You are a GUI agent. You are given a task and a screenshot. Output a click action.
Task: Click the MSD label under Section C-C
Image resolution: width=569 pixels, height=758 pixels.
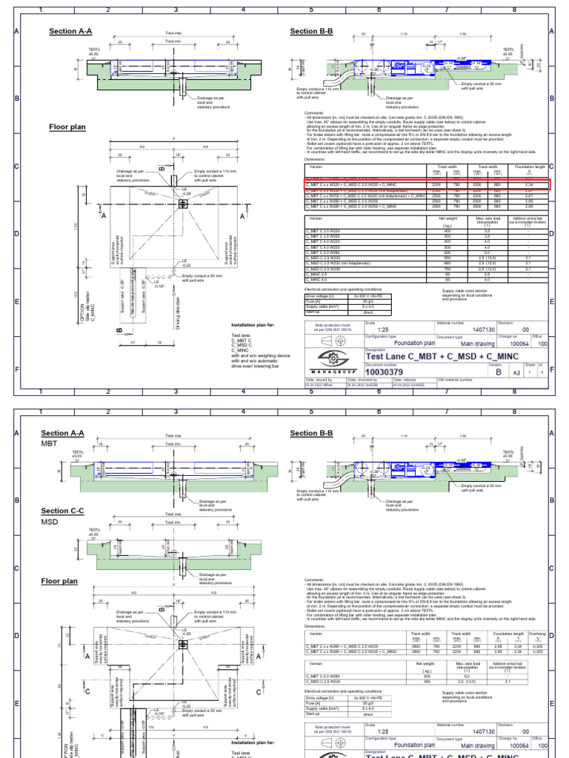pos(50,522)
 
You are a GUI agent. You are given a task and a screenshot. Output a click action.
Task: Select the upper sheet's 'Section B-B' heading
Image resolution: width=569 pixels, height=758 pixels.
pos(311,31)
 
